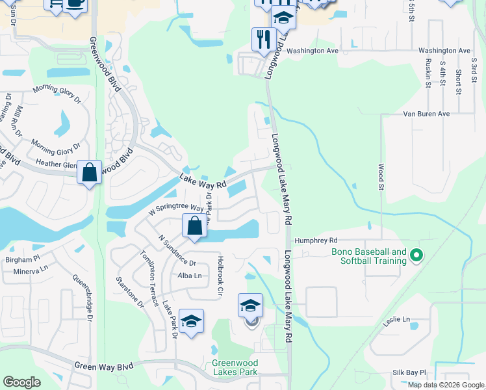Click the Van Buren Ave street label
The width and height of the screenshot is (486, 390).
(426, 114)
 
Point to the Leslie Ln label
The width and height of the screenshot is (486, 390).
(397, 319)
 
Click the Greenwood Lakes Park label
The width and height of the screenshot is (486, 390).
(235, 367)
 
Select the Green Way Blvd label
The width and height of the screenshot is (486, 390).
(103, 367)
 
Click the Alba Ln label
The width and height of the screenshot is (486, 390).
(189, 276)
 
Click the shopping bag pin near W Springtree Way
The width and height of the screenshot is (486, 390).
(194, 227)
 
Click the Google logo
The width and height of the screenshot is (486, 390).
(21, 382)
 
